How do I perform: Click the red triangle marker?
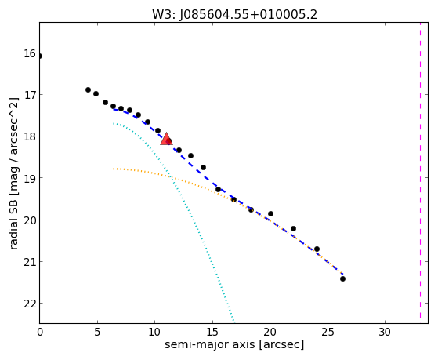coord(166,139)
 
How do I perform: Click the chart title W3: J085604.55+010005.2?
coord(234,15)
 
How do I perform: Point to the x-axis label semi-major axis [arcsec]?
coord(234,344)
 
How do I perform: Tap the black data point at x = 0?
coord(40,56)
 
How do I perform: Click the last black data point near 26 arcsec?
coord(342,278)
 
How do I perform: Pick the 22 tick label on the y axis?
coord(30,304)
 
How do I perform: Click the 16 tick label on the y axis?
coord(30,53)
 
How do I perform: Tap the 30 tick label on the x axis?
coord(385,332)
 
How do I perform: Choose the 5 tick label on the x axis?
coord(97,332)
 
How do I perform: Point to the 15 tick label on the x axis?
coord(212,332)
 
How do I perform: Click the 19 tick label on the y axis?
coord(30,178)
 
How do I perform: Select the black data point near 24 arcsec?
coord(317,249)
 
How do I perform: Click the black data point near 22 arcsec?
coord(293,228)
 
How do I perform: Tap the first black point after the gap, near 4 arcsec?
coord(88,89)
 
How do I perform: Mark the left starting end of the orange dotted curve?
coord(114,169)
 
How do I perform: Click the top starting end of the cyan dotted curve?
coord(114,123)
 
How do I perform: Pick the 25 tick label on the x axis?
coord(328,332)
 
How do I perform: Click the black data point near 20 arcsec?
coord(270,213)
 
